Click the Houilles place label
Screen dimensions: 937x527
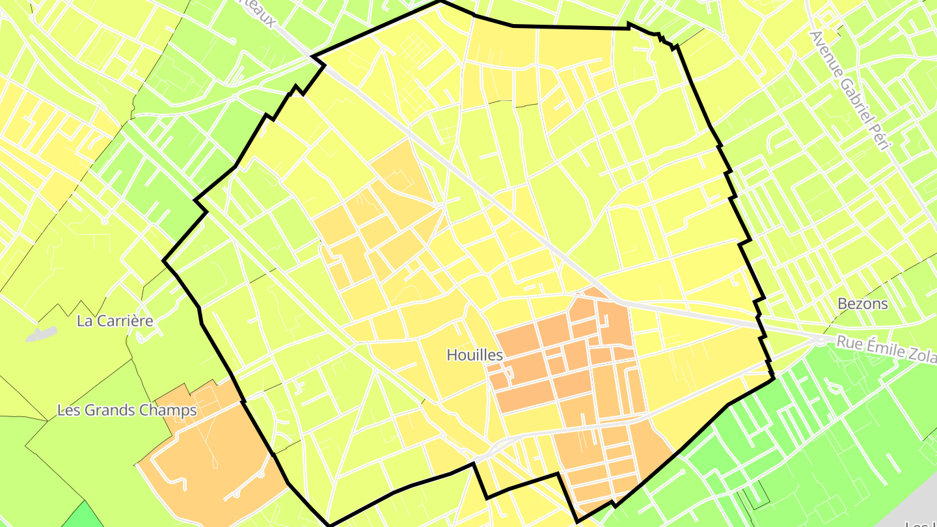tap(475, 355)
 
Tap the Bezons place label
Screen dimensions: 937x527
tap(863, 304)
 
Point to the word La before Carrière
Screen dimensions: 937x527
tap(85, 321)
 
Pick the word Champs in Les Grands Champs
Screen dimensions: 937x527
tap(170, 411)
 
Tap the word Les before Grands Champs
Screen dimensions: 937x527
tap(70, 411)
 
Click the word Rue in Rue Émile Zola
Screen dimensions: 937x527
tap(849, 342)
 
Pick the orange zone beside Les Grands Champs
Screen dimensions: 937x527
tap(208, 449)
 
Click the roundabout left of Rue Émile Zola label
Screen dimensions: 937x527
tap(818, 340)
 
